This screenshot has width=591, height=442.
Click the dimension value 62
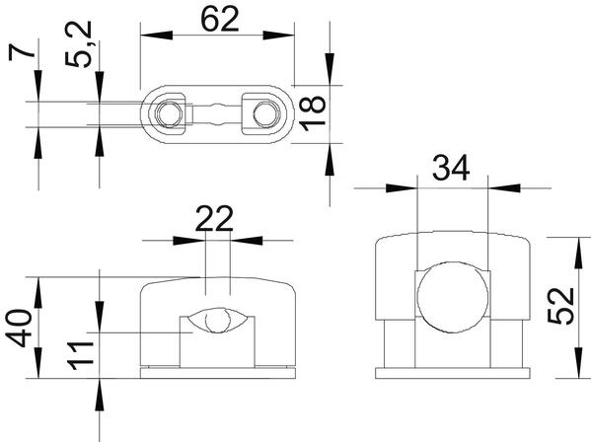click(220, 19)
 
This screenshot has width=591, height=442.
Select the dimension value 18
click(313, 113)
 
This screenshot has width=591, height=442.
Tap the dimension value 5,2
click(79, 44)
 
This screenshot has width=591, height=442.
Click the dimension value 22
click(214, 219)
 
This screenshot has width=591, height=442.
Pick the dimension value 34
click(451, 167)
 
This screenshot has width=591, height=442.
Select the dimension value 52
click(560, 306)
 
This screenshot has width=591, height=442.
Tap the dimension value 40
click(19, 328)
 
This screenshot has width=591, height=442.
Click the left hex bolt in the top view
click(169, 113)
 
